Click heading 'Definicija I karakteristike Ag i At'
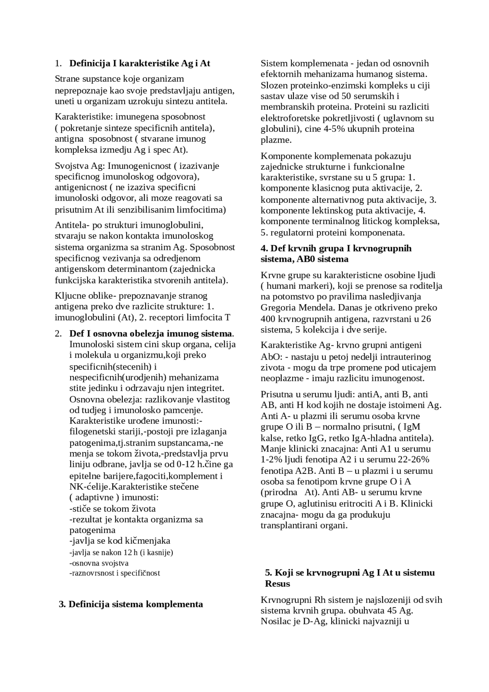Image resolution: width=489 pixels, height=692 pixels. (x=139, y=63)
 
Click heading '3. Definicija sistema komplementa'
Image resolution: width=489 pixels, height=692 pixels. (x=131, y=604)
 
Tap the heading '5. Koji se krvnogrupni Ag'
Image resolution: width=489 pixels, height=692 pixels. (x=350, y=572)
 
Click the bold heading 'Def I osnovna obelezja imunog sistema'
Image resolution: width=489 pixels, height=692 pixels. (x=151, y=333)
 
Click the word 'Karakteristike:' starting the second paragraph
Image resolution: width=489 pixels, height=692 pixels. (x=84, y=116)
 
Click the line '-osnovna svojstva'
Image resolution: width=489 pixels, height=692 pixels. (x=99, y=563)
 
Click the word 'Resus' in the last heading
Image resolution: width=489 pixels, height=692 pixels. (x=277, y=583)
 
